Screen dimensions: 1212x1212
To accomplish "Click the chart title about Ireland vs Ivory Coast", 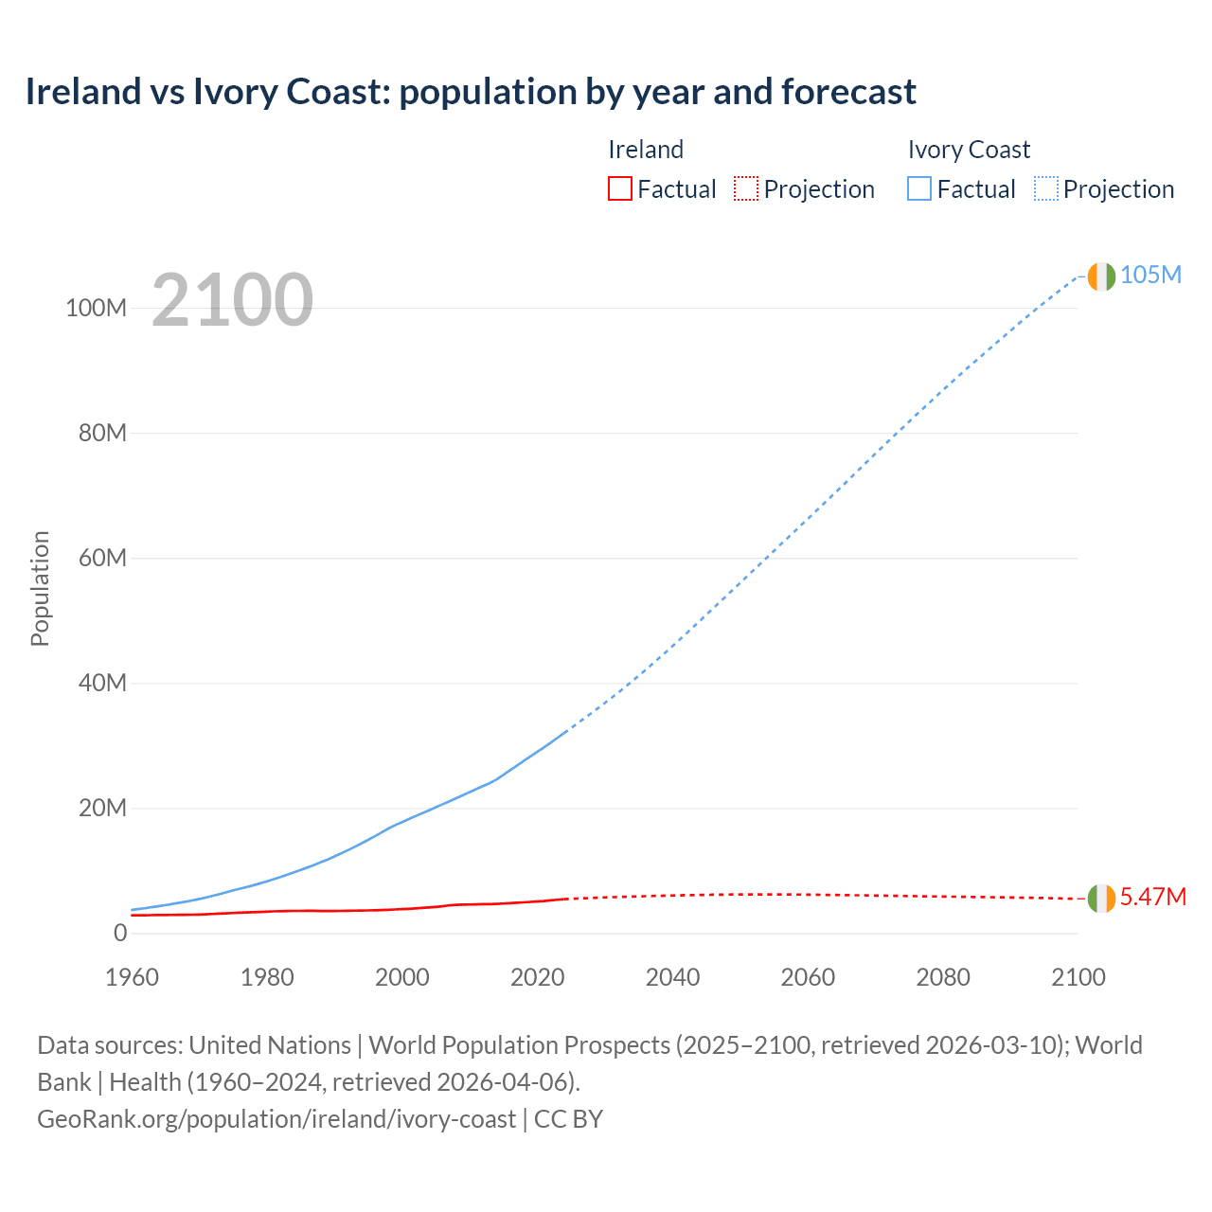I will [471, 92].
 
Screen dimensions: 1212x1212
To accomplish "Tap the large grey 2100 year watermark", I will [232, 300].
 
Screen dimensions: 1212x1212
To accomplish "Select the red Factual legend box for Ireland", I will [619, 188].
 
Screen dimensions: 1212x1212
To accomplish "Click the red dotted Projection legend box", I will [746, 188].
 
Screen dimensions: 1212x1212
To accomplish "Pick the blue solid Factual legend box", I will [918, 188].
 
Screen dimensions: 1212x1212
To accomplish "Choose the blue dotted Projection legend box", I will [1045, 188].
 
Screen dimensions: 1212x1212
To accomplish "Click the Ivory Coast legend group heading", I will [969, 150].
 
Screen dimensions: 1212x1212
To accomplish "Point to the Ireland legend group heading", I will [646, 150].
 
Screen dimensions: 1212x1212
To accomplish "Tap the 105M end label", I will [1150, 275].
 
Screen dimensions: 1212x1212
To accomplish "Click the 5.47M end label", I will [1152, 897].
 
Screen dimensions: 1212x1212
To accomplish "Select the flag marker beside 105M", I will [1101, 276].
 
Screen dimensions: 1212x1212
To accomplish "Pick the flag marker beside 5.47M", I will [1101, 899].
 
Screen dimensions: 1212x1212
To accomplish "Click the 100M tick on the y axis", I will [96, 309].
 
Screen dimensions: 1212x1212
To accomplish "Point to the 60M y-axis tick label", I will [101, 558].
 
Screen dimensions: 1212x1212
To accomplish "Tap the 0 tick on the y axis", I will [120, 933].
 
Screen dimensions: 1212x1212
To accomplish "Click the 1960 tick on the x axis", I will [132, 977].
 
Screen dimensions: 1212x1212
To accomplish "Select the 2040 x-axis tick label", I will [672, 977].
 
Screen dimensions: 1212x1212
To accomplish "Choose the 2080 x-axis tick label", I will [943, 977].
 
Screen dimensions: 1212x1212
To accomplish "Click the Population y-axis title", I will [40, 588].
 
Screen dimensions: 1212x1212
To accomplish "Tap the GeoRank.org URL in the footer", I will [276, 1119].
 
